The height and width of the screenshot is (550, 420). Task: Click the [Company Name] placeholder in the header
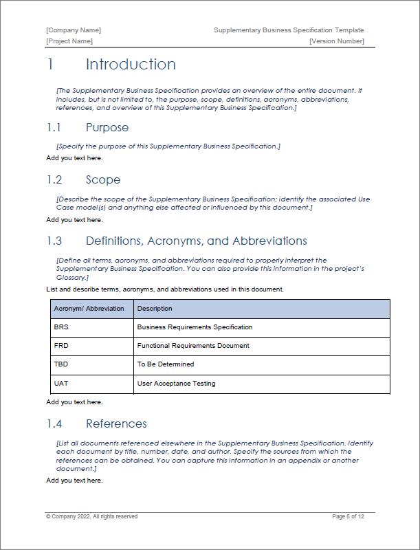pyautogui.click(x=74, y=30)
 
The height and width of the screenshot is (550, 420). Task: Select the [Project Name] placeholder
pyautogui.click(x=69, y=41)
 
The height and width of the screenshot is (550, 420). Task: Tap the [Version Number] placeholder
pyautogui.click(x=336, y=41)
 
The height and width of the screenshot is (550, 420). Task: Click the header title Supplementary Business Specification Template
pyautogui.click(x=289, y=30)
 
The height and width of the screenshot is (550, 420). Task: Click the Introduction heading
pyautogui.click(x=131, y=65)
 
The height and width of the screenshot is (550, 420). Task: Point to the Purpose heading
pyautogui.click(x=107, y=128)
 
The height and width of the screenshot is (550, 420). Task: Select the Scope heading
pyautogui.click(x=103, y=180)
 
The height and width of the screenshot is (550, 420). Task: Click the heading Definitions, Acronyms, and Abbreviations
pyautogui.click(x=196, y=241)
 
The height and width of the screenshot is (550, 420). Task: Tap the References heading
pyautogui.click(x=116, y=423)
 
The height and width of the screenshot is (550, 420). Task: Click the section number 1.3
pyautogui.click(x=54, y=241)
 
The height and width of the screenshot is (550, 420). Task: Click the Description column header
pyautogui.click(x=155, y=309)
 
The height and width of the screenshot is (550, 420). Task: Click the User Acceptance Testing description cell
pyautogui.click(x=176, y=383)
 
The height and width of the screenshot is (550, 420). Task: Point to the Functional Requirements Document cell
pyautogui.click(x=193, y=346)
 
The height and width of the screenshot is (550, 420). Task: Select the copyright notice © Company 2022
pyautogui.click(x=91, y=516)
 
